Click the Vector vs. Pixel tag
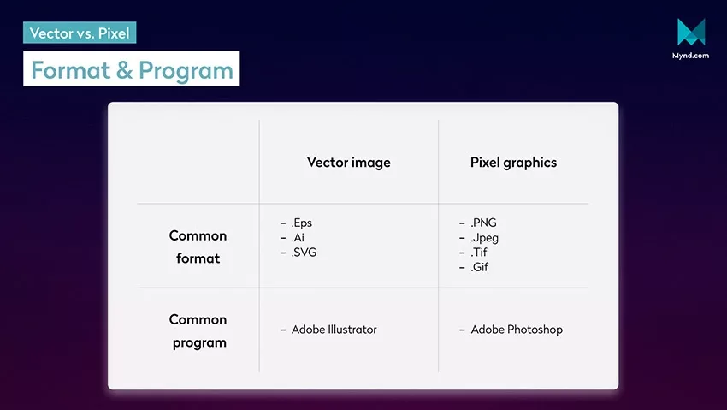[80, 33]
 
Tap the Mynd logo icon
[691, 32]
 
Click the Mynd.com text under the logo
[690, 55]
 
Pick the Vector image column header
[349, 163]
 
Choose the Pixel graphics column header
[513, 163]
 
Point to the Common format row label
[198, 247]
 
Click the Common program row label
[198, 330]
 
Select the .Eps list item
[301, 223]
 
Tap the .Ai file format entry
[298, 237]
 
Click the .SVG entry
[304, 253]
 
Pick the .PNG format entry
[483, 223]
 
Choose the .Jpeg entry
[484, 238]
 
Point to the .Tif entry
[479, 253]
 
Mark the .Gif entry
[480, 267]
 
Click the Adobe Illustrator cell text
[334, 330]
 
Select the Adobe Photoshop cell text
[517, 330]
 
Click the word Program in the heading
[186, 70]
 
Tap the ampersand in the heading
[124, 70]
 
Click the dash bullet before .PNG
[462, 223]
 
